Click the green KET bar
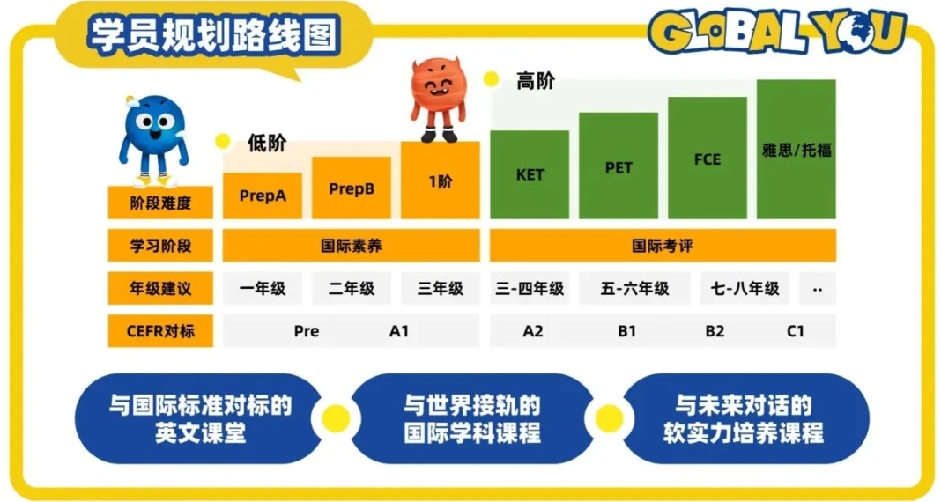(530, 174)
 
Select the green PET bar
(619, 166)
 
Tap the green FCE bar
(707, 158)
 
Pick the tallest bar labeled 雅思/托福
(796, 150)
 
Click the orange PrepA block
(263, 196)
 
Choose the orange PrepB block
(351, 188)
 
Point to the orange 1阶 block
(440, 180)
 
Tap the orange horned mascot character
(438, 100)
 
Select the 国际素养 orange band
(351, 246)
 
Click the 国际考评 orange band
(663, 246)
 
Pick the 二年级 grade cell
(351, 289)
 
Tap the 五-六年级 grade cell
(634, 289)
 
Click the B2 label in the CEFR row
(715, 331)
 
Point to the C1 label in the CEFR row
(795, 331)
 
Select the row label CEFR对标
(160, 331)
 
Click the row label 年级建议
(160, 289)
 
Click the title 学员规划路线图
(214, 35)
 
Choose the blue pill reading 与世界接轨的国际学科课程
(472, 419)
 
